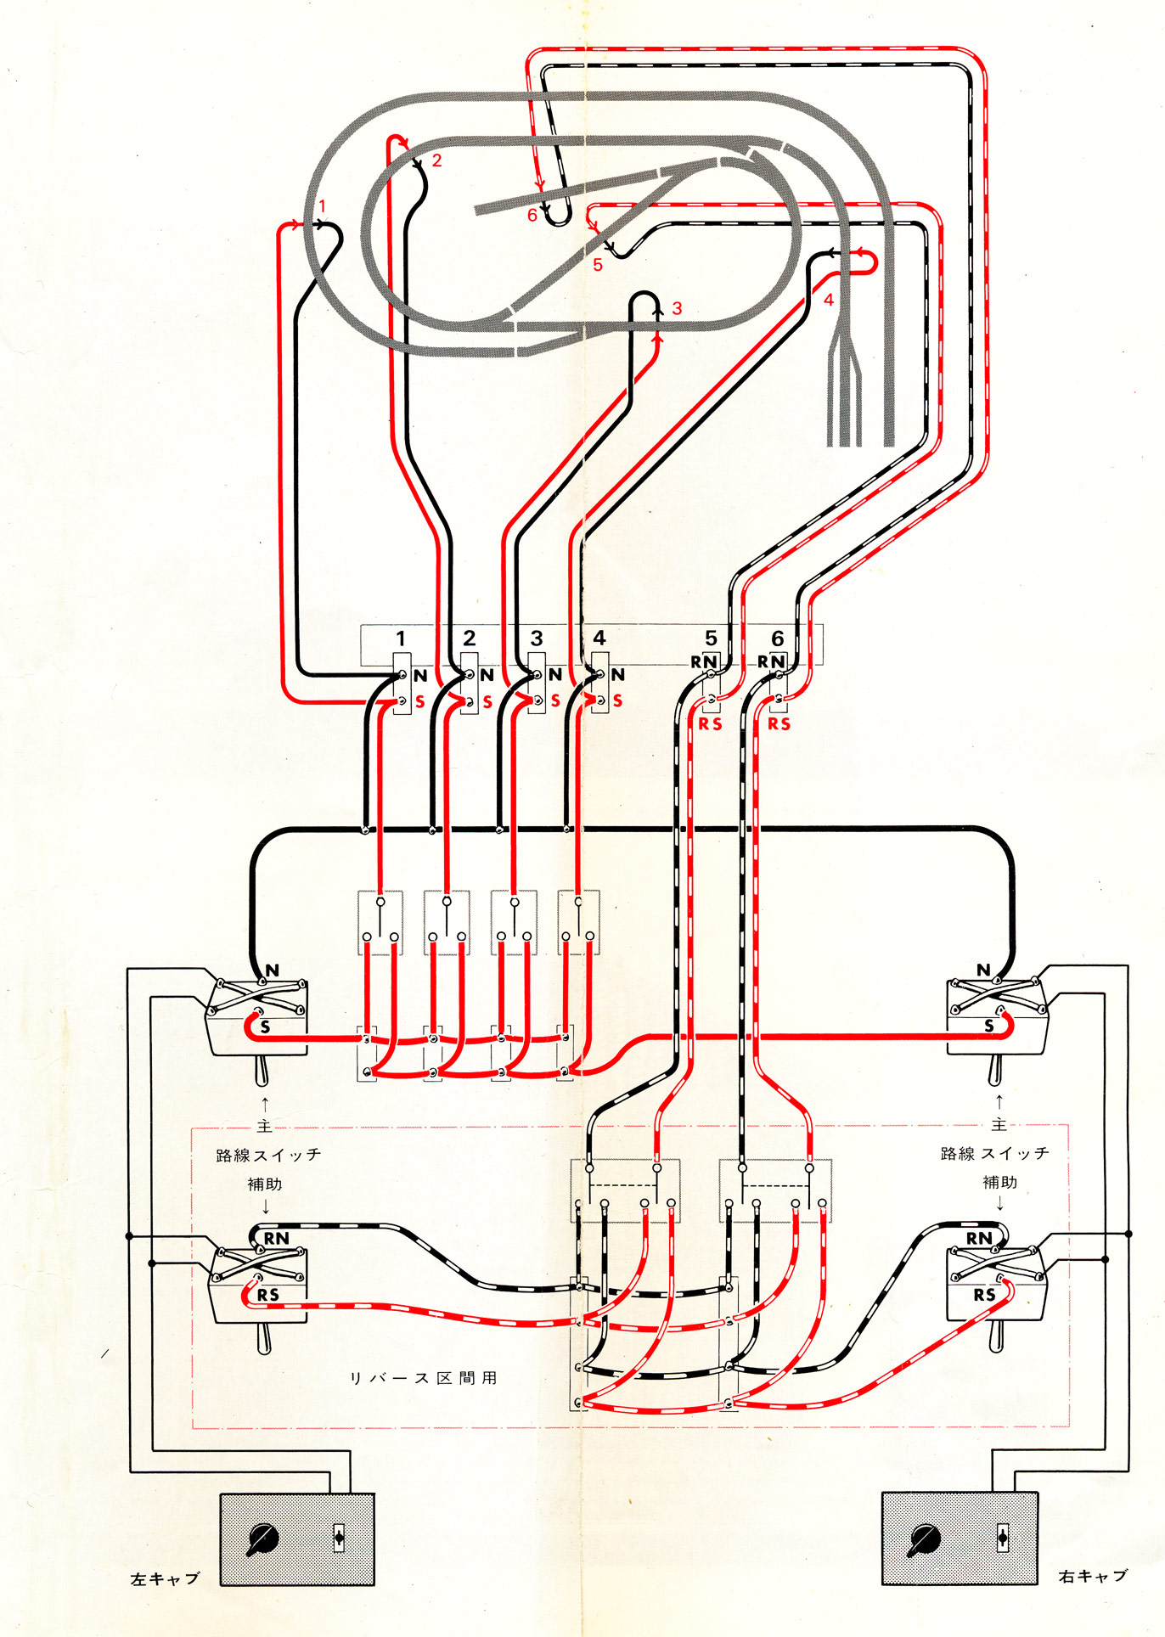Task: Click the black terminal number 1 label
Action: pyautogui.click(x=401, y=638)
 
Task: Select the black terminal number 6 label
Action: pyautogui.click(x=777, y=638)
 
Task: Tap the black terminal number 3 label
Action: pyautogui.click(x=537, y=638)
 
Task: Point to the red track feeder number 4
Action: pyautogui.click(x=829, y=300)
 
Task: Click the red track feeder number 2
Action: pyautogui.click(x=436, y=160)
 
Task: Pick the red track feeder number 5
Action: pyautogui.click(x=598, y=265)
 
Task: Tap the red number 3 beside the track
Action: pyautogui.click(x=677, y=308)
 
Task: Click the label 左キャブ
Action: pyautogui.click(x=165, y=1578)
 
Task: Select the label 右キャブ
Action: pyautogui.click(x=1093, y=1576)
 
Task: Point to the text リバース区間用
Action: pyautogui.click(x=424, y=1377)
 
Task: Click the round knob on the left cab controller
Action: pyautogui.click(x=262, y=1538)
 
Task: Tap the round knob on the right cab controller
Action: pyautogui.click(x=923, y=1538)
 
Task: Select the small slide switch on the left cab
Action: pyautogui.click(x=339, y=1538)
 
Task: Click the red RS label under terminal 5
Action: pyautogui.click(x=710, y=723)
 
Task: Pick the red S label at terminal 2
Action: pyautogui.click(x=487, y=702)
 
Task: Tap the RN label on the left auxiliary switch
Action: pyautogui.click(x=276, y=1239)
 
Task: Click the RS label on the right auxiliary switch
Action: pyautogui.click(x=984, y=1295)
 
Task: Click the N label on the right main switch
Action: pyautogui.click(x=983, y=970)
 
